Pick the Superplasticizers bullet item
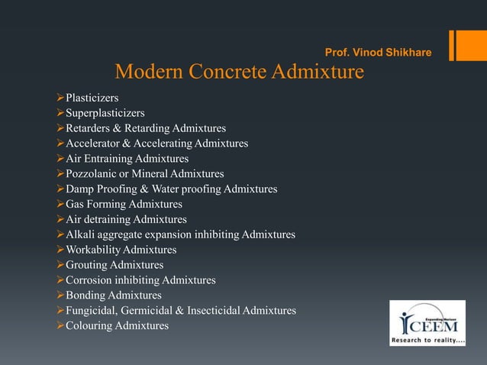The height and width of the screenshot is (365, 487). [105, 113]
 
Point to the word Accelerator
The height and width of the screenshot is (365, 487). [95, 143]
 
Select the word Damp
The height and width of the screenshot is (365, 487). [80, 189]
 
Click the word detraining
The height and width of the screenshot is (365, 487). [106, 219]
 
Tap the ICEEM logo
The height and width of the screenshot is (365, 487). [427, 323]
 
